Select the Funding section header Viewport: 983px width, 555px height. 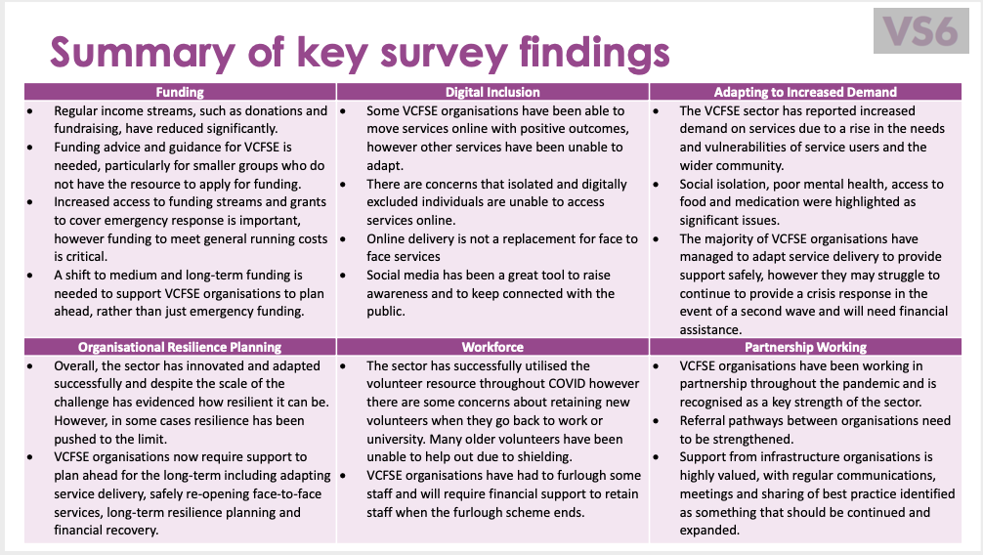pyautogui.click(x=180, y=92)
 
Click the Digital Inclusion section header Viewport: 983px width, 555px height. pyautogui.click(x=492, y=92)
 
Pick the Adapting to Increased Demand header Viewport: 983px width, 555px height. pyautogui.click(x=805, y=92)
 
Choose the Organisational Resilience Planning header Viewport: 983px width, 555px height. pyautogui.click(x=180, y=347)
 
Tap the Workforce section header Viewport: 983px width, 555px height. pyautogui.click(x=492, y=347)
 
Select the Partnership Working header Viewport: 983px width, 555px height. pyautogui.click(x=805, y=347)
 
